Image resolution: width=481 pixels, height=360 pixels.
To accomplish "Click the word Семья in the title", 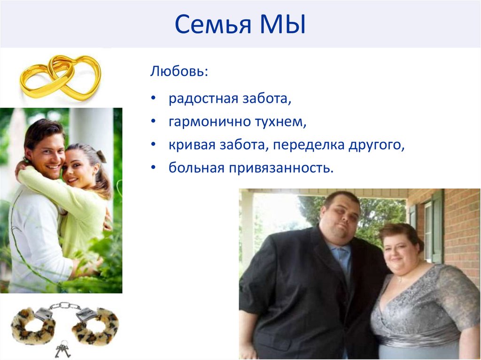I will pos(211,25).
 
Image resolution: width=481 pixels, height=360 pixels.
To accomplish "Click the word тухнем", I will pos(280,122).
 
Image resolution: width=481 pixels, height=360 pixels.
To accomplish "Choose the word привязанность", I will pos(281,168).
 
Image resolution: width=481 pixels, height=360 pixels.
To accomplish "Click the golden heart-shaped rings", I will pos(60,76).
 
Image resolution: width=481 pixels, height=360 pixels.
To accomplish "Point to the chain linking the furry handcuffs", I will pos(65,306).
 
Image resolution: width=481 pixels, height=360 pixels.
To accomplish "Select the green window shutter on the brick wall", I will pos(438,225).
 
